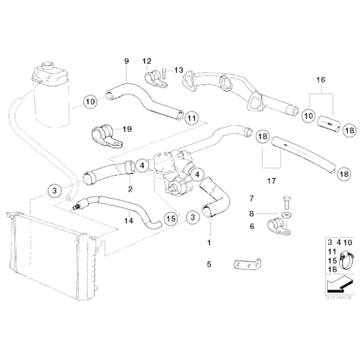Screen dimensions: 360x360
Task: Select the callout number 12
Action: tap(146, 61)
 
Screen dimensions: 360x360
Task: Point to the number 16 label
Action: tap(320, 81)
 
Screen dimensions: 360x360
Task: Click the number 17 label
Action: tap(270, 182)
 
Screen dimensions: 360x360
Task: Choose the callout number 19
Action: tap(127, 130)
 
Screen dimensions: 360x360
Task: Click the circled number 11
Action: tap(192, 117)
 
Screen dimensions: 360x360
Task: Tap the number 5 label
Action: tap(209, 264)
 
